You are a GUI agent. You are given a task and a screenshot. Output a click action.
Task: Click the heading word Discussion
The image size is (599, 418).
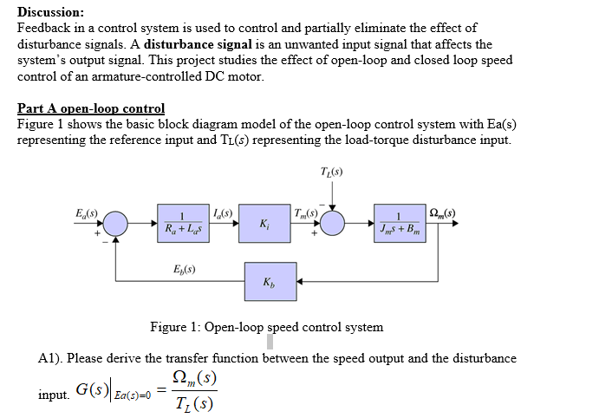pos(50,12)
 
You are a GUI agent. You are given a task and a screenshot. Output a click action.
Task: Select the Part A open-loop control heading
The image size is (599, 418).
pos(91,108)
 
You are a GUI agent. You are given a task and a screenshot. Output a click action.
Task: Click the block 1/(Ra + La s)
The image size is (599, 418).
pos(183,223)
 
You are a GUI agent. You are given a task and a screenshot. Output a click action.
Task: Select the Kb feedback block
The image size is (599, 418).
pos(270,282)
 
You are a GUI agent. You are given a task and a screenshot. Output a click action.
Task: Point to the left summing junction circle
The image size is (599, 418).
pos(115,223)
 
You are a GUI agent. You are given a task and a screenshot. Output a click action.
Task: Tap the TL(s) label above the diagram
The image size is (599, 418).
pos(332,172)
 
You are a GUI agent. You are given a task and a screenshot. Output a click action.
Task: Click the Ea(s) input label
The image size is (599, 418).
pos(88,212)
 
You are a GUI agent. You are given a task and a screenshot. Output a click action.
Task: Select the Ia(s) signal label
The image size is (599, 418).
pos(222,212)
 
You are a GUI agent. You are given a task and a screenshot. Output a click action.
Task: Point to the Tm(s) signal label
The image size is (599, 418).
pos(306,212)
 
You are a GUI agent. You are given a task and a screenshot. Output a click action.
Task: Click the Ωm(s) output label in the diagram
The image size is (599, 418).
pos(444,212)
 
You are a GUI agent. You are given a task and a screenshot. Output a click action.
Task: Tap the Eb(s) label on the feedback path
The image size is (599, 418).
pos(183,270)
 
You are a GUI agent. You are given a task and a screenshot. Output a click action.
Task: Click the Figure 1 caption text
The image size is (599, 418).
pos(266,327)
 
